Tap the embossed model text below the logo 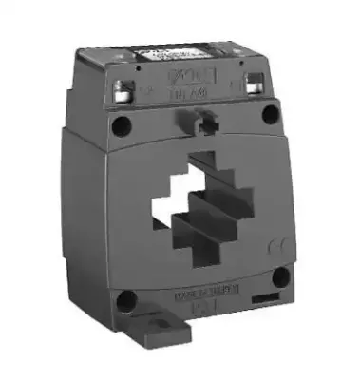point(204,93)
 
